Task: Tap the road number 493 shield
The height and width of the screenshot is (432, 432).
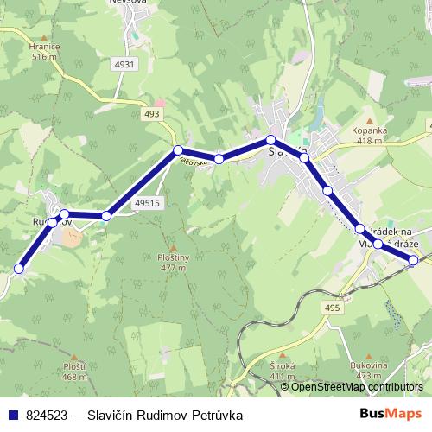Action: pyautogui.click(x=153, y=114)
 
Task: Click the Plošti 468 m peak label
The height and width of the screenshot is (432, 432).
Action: pyautogui.click(x=74, y=371)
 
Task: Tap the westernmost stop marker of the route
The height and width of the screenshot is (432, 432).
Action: pyautogui.click(x=19, y=269)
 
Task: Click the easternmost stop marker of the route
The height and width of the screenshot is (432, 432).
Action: pyautogui.click(x=414, y=259)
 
